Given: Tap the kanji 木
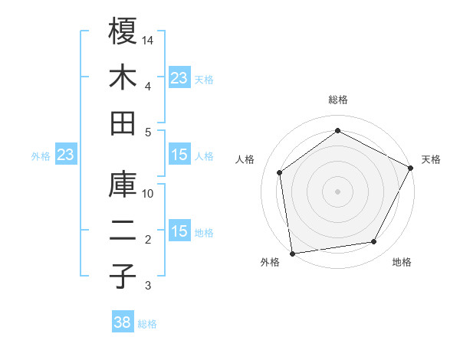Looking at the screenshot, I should point(123,77).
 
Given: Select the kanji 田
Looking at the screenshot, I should point(123,123).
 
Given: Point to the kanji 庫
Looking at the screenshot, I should point(123,184).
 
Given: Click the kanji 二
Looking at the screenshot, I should point(123,231).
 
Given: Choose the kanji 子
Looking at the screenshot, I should point(123,277).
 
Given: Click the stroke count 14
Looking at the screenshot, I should point(149,40).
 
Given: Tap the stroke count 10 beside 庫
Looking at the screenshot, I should point(149,193).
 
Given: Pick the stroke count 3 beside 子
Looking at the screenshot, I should point(148,286).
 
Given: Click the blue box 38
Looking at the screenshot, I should point(123,322).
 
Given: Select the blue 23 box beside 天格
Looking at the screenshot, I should point(179,77).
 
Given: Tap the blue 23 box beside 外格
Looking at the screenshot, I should point(66,155).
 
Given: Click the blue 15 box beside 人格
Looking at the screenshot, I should point(179,155).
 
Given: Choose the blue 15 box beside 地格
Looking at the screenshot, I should point(179,231).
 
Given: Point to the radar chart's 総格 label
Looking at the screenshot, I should point(338,100).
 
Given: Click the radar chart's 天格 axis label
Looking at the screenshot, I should point(431,159).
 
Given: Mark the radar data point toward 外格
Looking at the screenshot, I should point(292,253).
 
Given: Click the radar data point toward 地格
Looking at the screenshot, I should point(374,242).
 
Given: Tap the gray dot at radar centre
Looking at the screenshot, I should point(337,191).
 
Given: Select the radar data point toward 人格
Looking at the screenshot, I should point(280,172).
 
